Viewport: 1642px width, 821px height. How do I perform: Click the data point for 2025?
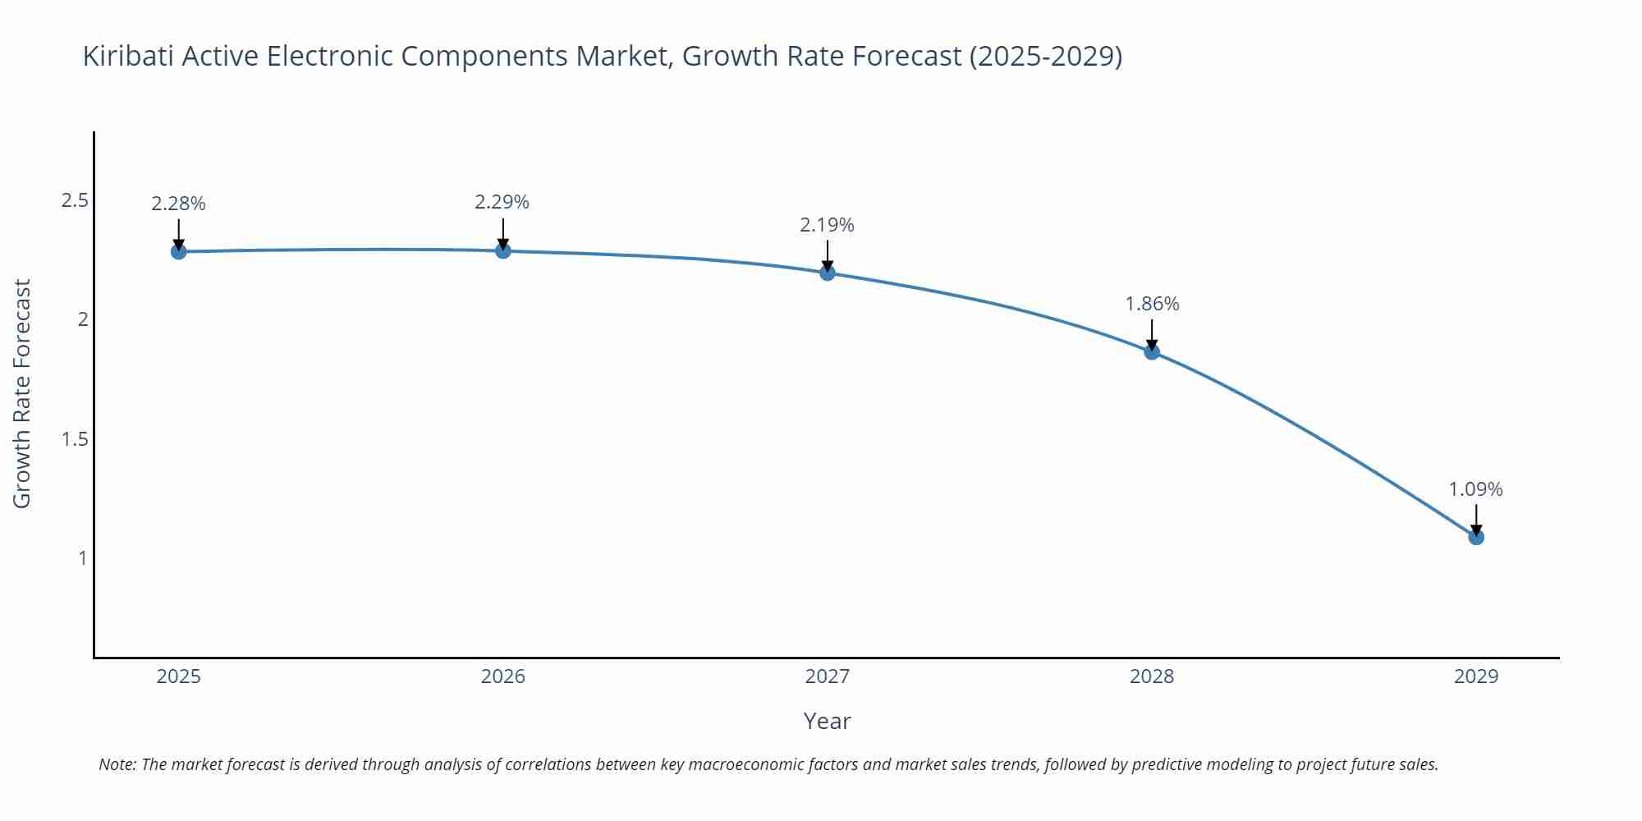(178, 251)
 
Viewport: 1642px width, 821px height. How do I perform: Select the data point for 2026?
(503, 250)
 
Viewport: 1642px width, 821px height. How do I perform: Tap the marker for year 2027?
(828, 273)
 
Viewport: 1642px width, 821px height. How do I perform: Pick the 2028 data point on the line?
(1152, 351)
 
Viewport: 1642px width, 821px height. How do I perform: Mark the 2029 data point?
(1476, 537)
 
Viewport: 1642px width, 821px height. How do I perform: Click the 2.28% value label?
(178, 204)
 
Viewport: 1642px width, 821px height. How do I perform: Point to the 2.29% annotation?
(502, 202)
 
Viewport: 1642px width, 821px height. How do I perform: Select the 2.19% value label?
(827, 225)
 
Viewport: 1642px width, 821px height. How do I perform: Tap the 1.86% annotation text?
(1152, 304)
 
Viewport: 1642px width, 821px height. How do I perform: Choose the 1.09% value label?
(1475, 489)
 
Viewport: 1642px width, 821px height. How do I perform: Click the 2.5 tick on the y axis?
(75, 200)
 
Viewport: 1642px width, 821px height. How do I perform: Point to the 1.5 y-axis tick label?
(75, 439)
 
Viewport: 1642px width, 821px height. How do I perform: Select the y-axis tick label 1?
(82, 558)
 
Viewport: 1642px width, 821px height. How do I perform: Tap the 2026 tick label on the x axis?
(503, 677)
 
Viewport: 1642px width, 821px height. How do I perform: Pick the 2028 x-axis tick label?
(1152, 677)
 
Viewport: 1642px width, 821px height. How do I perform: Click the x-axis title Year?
(827, 721)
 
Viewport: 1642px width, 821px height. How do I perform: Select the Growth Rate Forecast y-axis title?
(22, 394)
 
